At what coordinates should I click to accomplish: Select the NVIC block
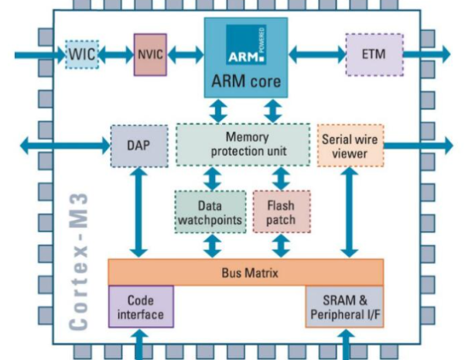[150, 54]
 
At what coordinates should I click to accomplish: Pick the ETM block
[374, 54]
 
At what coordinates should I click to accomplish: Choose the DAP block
[139, 146]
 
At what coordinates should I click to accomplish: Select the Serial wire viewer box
[350, 146]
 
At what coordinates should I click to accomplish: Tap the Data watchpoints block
[210, 211]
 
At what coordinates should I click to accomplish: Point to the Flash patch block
[280, 211]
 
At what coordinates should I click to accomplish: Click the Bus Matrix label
[246, 273]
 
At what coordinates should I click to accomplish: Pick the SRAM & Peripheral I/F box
[342, 307]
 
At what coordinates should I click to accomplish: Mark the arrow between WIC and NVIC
[115, 55]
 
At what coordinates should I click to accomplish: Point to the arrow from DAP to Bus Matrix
[139, 213]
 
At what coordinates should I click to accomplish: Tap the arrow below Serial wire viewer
[350, 213]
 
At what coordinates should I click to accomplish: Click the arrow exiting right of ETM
[425, 55]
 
